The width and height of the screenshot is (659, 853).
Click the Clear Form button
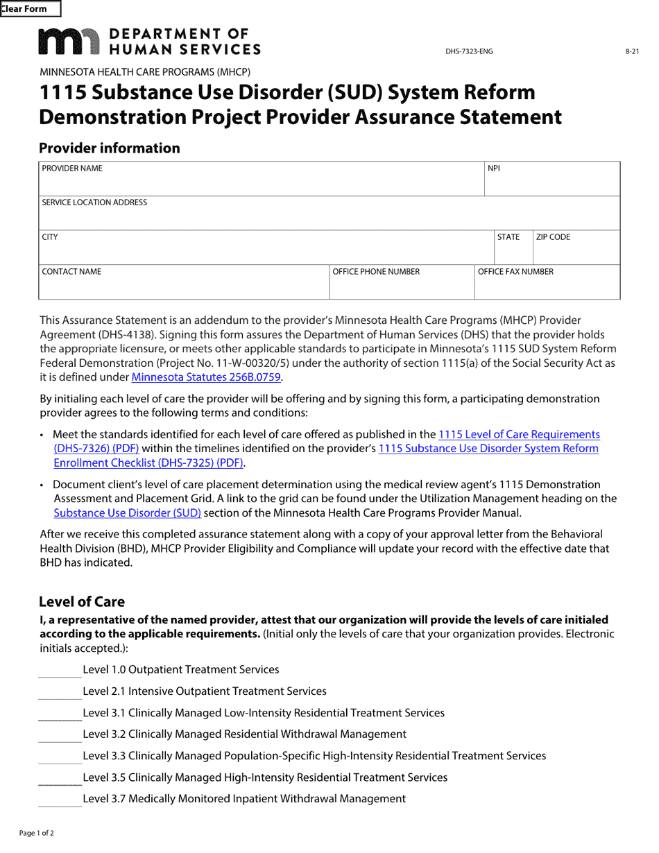31,9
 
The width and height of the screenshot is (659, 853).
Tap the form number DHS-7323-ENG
469,51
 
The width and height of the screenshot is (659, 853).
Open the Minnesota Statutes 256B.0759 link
207,378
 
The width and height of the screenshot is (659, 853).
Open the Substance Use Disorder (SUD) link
127,513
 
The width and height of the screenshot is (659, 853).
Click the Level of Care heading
82,602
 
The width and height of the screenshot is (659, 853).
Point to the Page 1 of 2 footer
37,833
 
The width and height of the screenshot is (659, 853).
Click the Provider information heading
109,148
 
